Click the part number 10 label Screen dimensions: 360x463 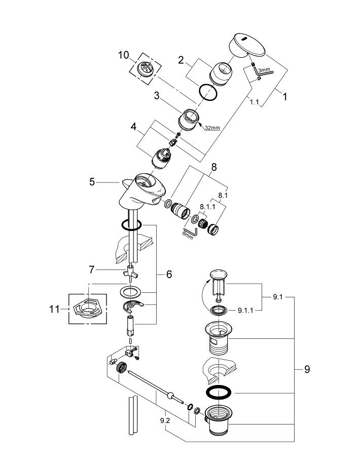pos(124,55)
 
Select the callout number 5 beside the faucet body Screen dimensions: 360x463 pos(92,182)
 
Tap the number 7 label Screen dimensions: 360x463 pos(92,269)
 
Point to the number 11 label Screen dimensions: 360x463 pos(54,309)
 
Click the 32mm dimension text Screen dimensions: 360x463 pos(212,128)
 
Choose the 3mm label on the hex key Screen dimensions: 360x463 pos(264,70)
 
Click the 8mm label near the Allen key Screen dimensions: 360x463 pos(188,235)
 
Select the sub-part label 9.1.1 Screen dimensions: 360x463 pos(245,311)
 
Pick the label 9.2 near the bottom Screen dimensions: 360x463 pos(165,420)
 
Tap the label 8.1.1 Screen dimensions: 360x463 pos(207,206)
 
